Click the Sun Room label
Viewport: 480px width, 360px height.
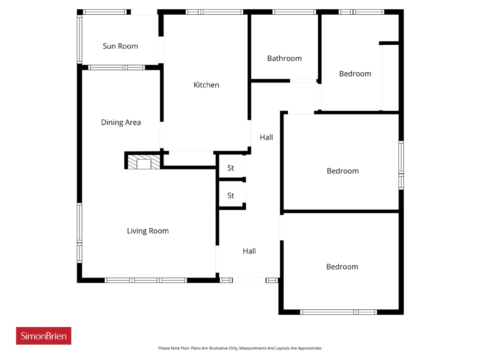(x=120, y=46)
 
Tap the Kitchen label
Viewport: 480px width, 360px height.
(x=206, y=85)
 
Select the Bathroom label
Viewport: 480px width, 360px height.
(x=284, y=58)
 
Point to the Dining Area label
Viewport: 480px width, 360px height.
(x=121, y=122)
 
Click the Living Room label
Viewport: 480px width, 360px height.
(x=148, y=231)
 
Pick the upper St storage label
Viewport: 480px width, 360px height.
(x=231, y=168)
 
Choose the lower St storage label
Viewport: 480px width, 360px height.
(x=231, y=196)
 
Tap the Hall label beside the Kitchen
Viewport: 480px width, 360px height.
(x=266, y=137)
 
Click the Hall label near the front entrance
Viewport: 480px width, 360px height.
(x=249, y=251)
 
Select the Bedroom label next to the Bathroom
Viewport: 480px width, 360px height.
(x=355, y=73)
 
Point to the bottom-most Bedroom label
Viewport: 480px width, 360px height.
(x=342, y=267)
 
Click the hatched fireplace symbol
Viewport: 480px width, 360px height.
(x=144, y=162)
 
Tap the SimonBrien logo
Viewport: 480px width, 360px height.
(x=43, y=336)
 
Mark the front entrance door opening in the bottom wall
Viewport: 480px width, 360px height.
(x=249, y=280)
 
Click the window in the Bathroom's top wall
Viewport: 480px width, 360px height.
(x=294, y=12)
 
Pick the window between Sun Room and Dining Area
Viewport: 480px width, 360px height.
(x=117, y=67)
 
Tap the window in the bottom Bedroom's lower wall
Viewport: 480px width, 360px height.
(x=339, y=312)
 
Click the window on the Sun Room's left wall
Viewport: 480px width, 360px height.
(x=79, y=39)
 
